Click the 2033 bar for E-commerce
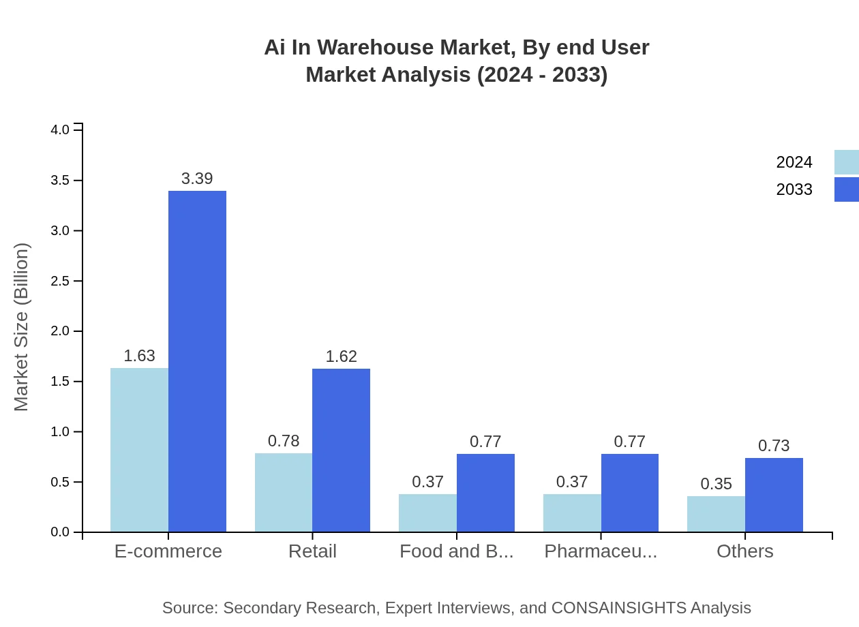[197, 361]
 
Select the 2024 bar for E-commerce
[139, 450]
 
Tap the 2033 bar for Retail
[341, 450]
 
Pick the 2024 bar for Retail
[284, 492]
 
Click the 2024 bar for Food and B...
[427, 513]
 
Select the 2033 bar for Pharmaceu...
[629, 493]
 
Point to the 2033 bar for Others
[774, 495]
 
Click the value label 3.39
[197, 179]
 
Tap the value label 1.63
[139, 356]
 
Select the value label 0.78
[284, 441]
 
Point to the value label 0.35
[716, 484]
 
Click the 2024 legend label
[794, 162]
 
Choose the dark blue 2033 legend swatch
[846, 189]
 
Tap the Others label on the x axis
[744, 551]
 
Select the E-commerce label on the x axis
[168, 551]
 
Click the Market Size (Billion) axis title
[22, 327]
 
